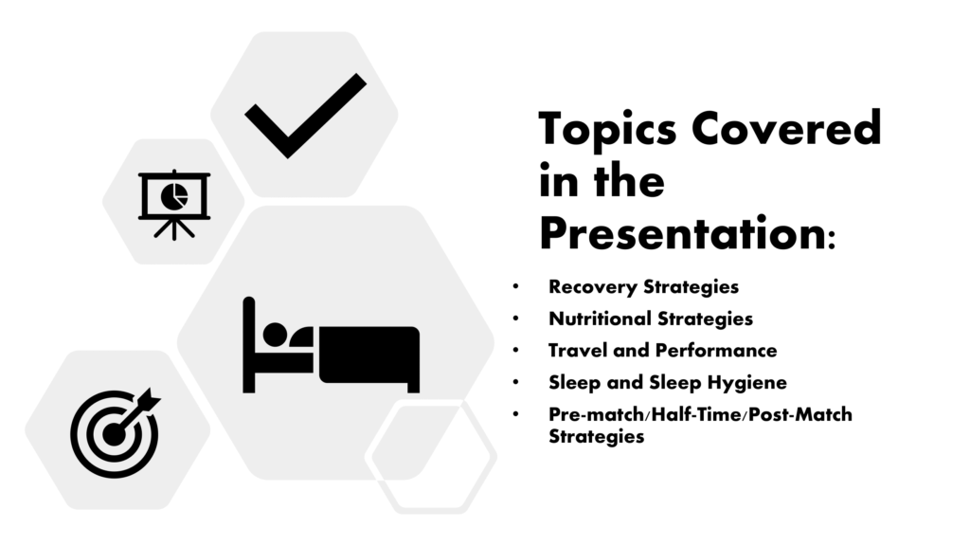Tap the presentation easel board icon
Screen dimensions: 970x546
(x=174, y=205)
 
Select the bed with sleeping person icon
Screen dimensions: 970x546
(x=331, y=345)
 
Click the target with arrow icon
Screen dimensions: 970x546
(x=115, y=432)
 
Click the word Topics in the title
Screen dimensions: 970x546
(x=607, y=129)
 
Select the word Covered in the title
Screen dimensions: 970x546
(x=786, y=128)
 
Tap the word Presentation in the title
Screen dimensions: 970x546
(x=683, y=233)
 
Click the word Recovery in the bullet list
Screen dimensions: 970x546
(x=593, y=287)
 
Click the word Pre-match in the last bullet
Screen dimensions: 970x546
(x=595, y=414)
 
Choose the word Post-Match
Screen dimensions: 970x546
(x=800, y=414)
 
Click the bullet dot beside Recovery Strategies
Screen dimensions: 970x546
(x=515, y=286)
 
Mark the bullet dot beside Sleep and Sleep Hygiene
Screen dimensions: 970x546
(x=515, y=382)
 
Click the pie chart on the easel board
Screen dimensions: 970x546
(x=174, y=195)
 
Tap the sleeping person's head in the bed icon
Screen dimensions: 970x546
(x=276, y=335)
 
